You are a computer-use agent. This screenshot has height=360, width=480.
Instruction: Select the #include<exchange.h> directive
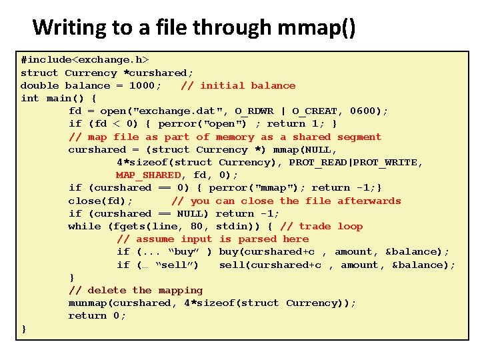point(85,60)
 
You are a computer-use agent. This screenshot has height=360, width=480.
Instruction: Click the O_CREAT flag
point(315,111)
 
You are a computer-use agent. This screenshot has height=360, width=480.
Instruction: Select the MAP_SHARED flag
point(148,175)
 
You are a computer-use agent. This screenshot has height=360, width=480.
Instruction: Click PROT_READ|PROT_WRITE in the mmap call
point(353,162)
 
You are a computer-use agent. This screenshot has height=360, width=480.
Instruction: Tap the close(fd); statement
point(101,201)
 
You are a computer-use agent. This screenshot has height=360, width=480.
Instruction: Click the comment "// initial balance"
point(238,85)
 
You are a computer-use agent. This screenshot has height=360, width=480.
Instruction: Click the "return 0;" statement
point(97,315)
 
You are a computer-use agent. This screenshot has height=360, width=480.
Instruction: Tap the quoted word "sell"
point(177,265)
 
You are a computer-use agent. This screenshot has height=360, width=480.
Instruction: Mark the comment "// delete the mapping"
point(135,290)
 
